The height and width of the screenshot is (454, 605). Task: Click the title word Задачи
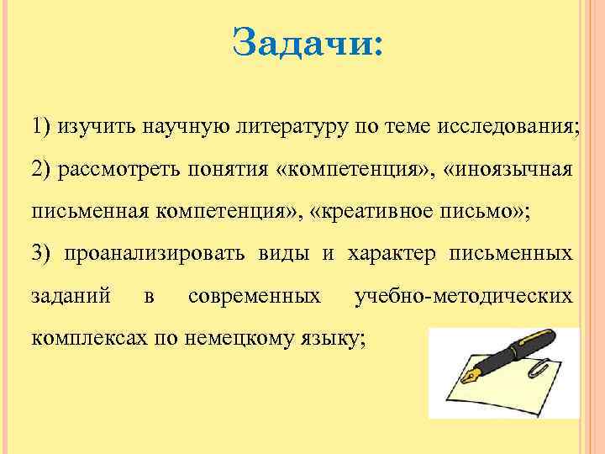pos(306,41)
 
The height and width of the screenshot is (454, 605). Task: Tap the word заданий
pos(71,296)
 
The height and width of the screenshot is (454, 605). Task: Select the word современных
pos(255,296)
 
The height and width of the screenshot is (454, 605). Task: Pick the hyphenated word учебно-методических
pos(464,296)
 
